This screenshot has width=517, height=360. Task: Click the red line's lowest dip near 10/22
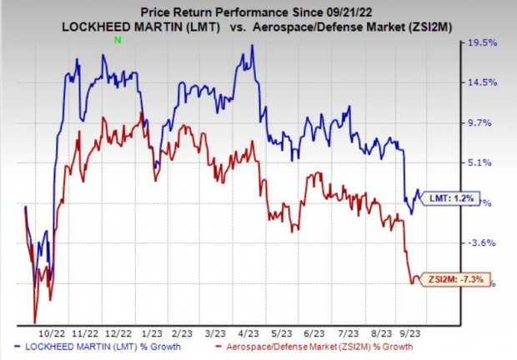tap(34, 321)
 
